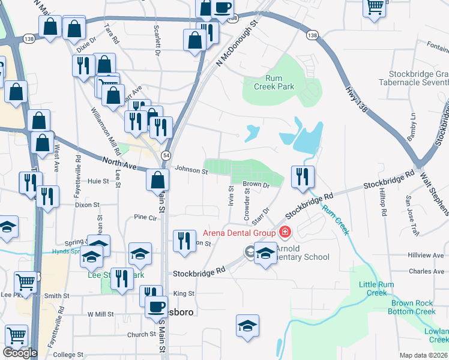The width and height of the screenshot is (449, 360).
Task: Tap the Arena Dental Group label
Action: point(239,233)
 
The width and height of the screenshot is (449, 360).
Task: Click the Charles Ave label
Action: point(426,271)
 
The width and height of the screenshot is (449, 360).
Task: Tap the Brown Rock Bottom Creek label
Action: point(412,307)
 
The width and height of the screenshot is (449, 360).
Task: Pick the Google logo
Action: point(20,353)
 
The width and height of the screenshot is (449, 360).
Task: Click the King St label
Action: point(184,294)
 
